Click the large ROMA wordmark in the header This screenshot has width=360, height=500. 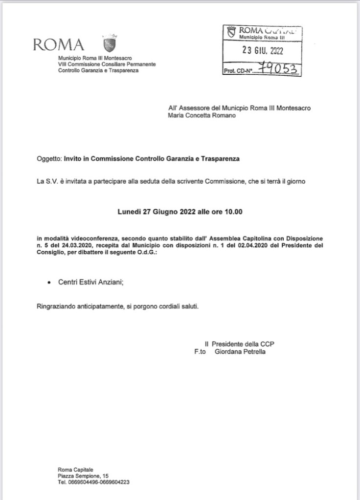(58, 44)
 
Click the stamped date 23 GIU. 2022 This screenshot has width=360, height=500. (263, 50)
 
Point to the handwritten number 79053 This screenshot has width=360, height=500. (282, 69)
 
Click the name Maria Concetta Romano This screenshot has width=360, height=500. (202, 116)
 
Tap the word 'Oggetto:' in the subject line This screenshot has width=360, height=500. (49, 159)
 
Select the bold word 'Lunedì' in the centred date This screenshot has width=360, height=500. (129, 212)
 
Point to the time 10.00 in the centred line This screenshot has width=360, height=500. (234, 212)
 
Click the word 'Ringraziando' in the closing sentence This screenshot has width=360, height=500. (54, 306)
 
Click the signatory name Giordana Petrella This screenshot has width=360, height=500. (240, 351)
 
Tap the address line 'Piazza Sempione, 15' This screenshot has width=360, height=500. (83, 476)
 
